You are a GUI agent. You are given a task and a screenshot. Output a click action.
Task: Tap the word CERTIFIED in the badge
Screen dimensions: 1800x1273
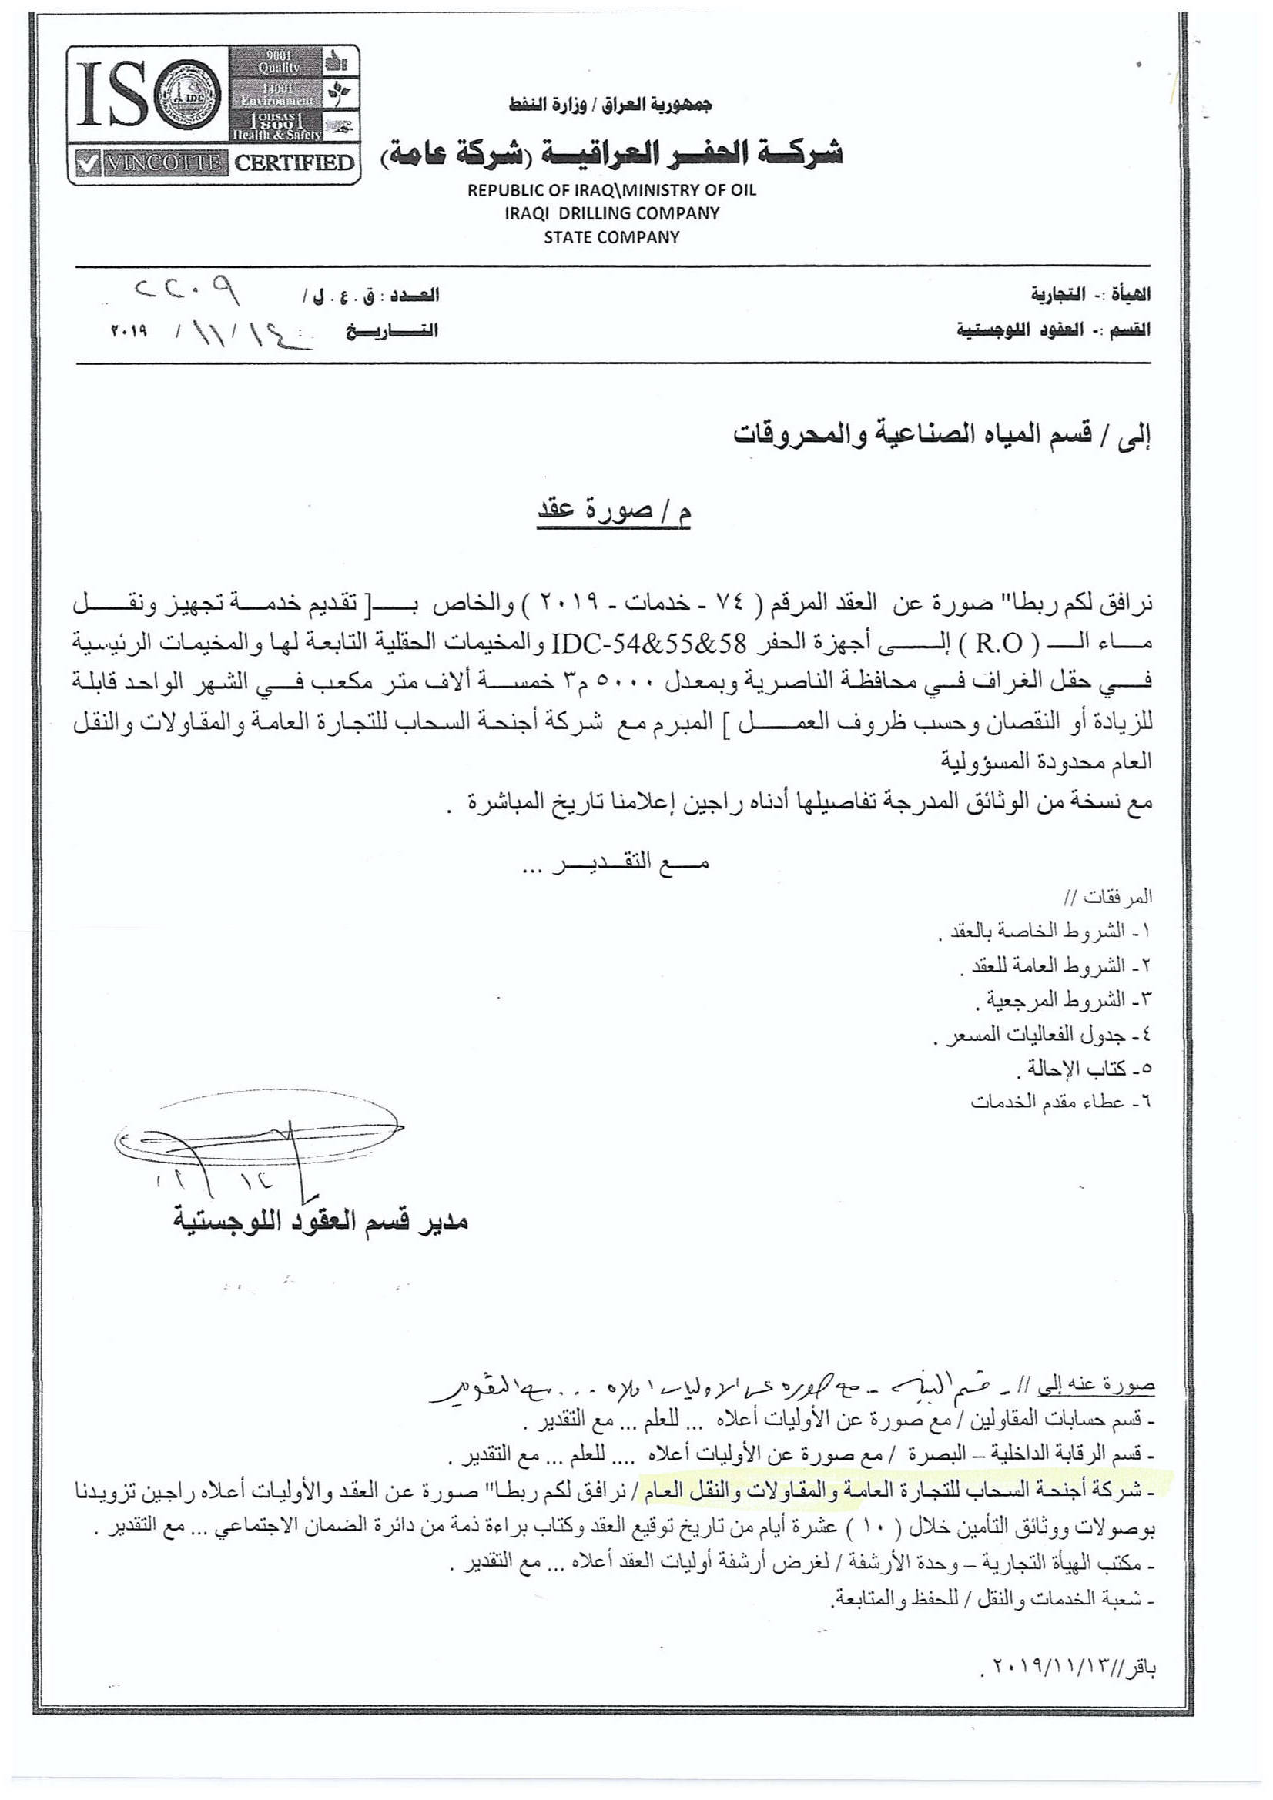(x=294, y=164)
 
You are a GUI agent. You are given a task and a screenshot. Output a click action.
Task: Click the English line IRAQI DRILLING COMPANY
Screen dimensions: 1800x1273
(x=611, y=213)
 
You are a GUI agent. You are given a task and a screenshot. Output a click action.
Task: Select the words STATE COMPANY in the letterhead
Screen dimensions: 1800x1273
(x=611, y=237)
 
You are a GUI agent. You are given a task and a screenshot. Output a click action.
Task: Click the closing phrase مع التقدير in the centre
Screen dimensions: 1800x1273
(x=616, y=864)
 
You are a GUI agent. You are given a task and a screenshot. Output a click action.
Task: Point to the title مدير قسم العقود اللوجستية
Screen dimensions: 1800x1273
(x=321, y=1220)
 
